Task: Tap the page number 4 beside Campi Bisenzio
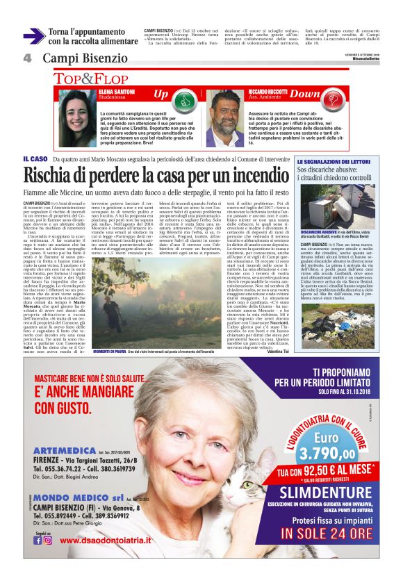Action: (x=28, y=58)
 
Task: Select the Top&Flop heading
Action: (x=91, y=79)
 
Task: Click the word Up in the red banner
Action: (x=161, y=93)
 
